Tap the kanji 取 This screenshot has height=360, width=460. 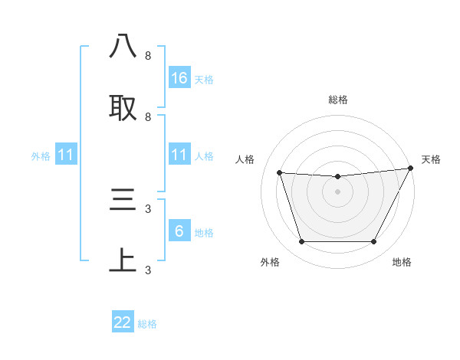(x=123, y=107)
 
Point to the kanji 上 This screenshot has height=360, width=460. (x=123, y=260)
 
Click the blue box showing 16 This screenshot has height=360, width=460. (x=179, y=77)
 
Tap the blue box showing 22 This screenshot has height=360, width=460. (x=123, y=322)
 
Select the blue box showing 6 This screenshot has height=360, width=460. (x=179, y=231)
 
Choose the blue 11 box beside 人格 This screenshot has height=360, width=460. (x=179, y=155)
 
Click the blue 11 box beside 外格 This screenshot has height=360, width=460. (x=67, y=155)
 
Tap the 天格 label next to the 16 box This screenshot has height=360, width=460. (x=204, y=79)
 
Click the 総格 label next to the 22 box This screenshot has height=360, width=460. (x=147, y=324)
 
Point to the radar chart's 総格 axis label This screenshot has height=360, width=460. (x=338, y=100)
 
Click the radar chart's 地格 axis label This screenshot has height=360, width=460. (x=402, y=262)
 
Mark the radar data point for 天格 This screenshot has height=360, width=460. (x=412, y=169)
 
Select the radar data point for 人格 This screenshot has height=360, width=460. (x=280, y=173)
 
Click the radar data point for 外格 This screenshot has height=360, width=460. (x=301, y=242)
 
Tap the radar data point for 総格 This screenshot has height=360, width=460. (x=338, y=177)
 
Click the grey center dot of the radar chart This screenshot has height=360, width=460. (x=338, y=192)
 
